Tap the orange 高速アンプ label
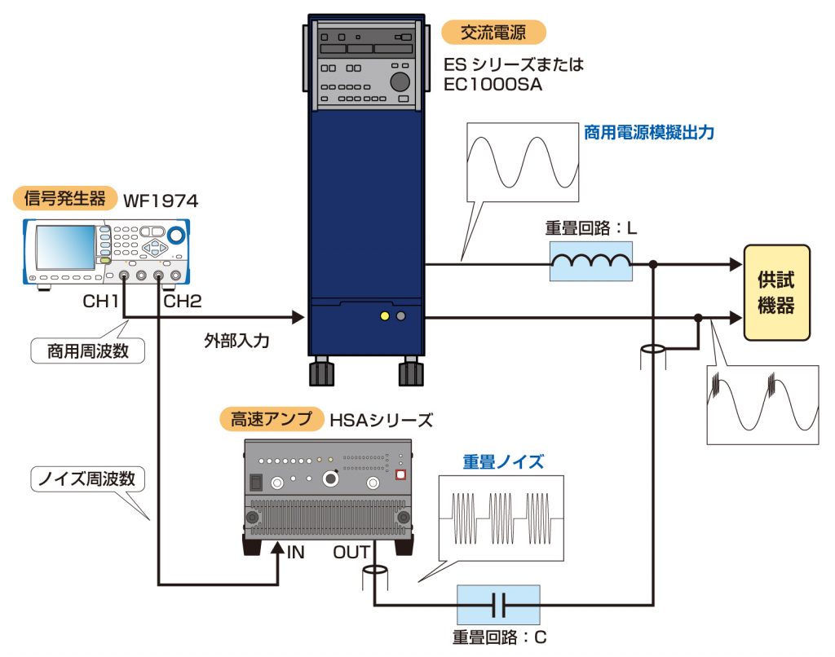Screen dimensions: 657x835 tap(272, 420)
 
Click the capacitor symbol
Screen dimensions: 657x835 tap(498, 605)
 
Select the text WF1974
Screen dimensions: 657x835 tap(161, 200)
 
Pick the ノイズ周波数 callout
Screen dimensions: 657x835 tap(87, 479)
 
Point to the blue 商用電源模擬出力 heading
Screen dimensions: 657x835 tap(649, 132)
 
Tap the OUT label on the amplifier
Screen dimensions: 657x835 tap(351, 553)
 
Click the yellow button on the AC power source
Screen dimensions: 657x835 tap(383, 315)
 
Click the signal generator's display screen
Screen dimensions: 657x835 tap(64, 246)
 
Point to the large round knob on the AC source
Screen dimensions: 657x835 tap(400, 82)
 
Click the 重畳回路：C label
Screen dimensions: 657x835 tap(498, 637)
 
